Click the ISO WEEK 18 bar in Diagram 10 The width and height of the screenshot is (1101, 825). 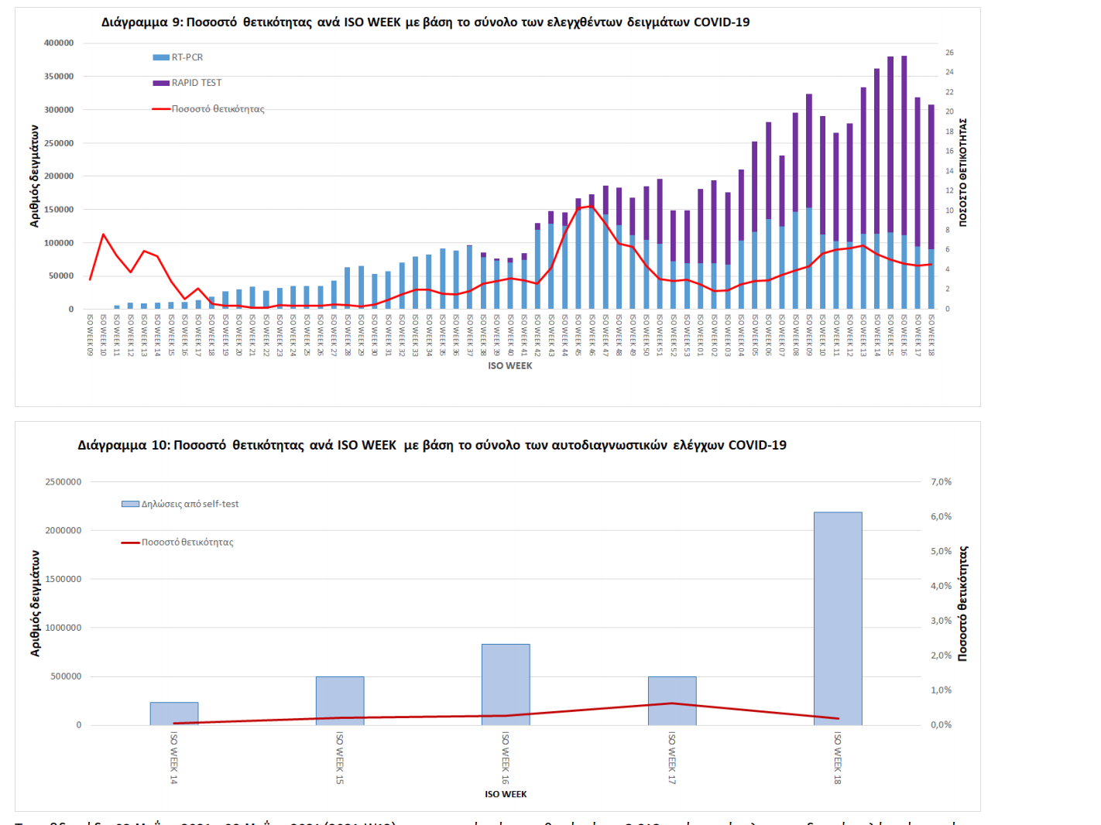point(838,619)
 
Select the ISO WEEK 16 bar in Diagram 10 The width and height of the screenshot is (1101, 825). point(506,684)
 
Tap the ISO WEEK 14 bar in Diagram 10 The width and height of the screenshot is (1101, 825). point(174,713)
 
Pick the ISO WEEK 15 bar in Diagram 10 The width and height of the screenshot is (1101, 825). point(340,700)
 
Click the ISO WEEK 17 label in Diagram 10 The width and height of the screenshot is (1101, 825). point(672,758)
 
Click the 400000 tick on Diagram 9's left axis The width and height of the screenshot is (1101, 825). point(59,43)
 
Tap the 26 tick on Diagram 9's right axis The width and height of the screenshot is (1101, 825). point(949,53)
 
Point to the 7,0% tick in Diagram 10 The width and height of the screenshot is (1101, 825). point(941,481)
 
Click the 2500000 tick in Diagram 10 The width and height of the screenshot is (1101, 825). point(63,482)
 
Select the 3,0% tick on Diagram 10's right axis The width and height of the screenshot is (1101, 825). point(941,621)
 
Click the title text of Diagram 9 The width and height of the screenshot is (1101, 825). point(425,22)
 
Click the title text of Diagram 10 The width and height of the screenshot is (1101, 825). point(432,445)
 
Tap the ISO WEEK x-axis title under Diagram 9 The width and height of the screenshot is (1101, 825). point(510,366)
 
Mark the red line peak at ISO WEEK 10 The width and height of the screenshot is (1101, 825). point(104,234)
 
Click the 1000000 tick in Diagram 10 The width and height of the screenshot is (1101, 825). point(63,628)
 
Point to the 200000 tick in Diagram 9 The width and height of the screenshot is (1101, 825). point(59,176)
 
